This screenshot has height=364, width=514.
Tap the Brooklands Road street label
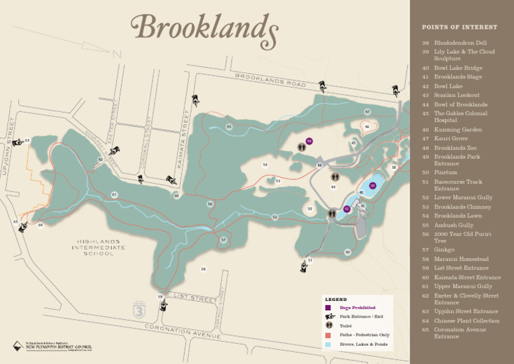270,80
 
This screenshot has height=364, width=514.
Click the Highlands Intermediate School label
98,247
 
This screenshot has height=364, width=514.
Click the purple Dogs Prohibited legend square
328,307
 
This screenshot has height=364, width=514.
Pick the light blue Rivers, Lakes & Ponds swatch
328,344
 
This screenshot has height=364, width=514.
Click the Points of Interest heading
459,27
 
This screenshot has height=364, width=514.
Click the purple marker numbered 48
309,141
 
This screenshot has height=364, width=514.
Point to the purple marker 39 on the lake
373,186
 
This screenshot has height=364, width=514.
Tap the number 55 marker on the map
229,127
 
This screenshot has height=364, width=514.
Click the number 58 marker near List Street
203,269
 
